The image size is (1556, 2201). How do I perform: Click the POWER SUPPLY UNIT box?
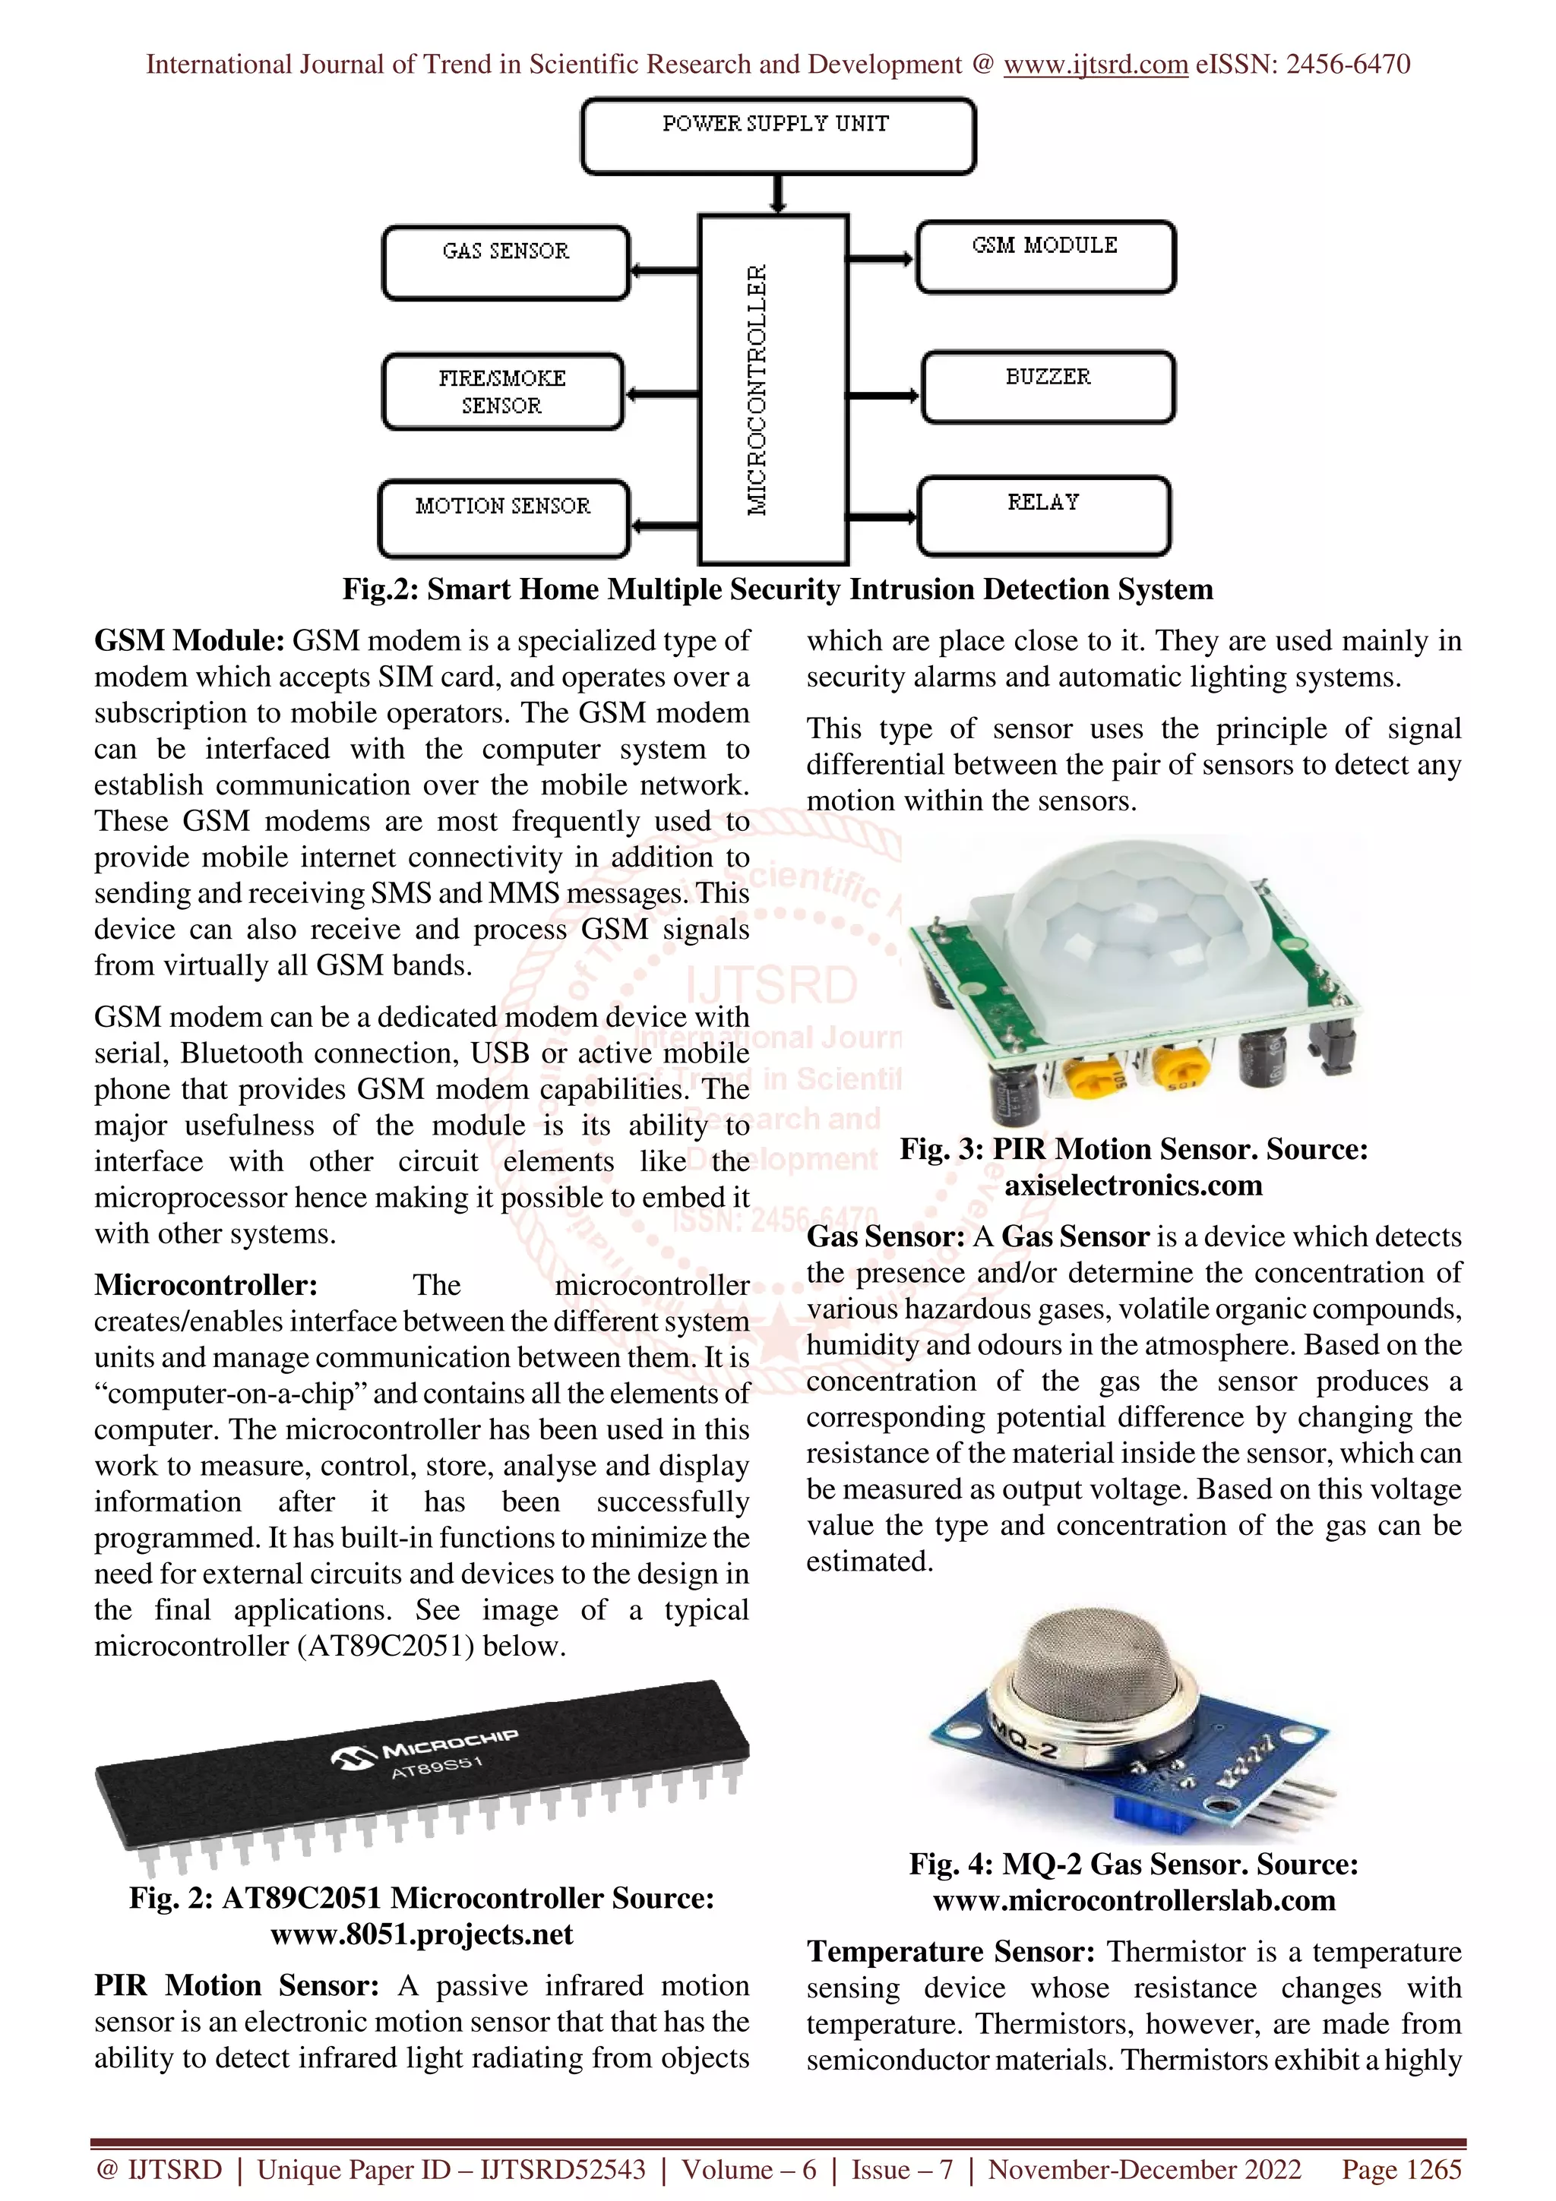pyautogui.click(x=777, y=136)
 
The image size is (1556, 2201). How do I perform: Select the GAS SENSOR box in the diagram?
pyautogui.click(x=505, y=263)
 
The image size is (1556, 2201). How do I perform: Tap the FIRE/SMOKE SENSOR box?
pyautogui.click(x=502, y=391)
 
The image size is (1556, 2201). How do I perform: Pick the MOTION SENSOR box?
pyautogui.click(x=503, y=518)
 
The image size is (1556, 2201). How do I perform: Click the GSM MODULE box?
pyautogui.click(x=1045, y=256)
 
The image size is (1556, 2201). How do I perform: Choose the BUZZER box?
pyautogui.click(x=1048, y=387)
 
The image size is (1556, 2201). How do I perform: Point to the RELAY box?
pyautogui.click(x=1043, y=515)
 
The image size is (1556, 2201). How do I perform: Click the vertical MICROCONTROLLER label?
pyautogui.click(x=757, y=389)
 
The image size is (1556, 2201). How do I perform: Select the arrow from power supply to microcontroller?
pyautogui.click(x=777, y=194)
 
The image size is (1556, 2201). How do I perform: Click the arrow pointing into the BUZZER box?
pyautogui.click(x=882, y=395)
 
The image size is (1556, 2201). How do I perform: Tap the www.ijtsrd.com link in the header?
pyautogui.click(x=1095, y=65)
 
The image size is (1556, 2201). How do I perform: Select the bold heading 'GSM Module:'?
pyautogui.click(x=189, y=640)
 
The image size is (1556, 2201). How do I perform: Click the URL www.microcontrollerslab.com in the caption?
pyautogui.click(x=1134, y=1900)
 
